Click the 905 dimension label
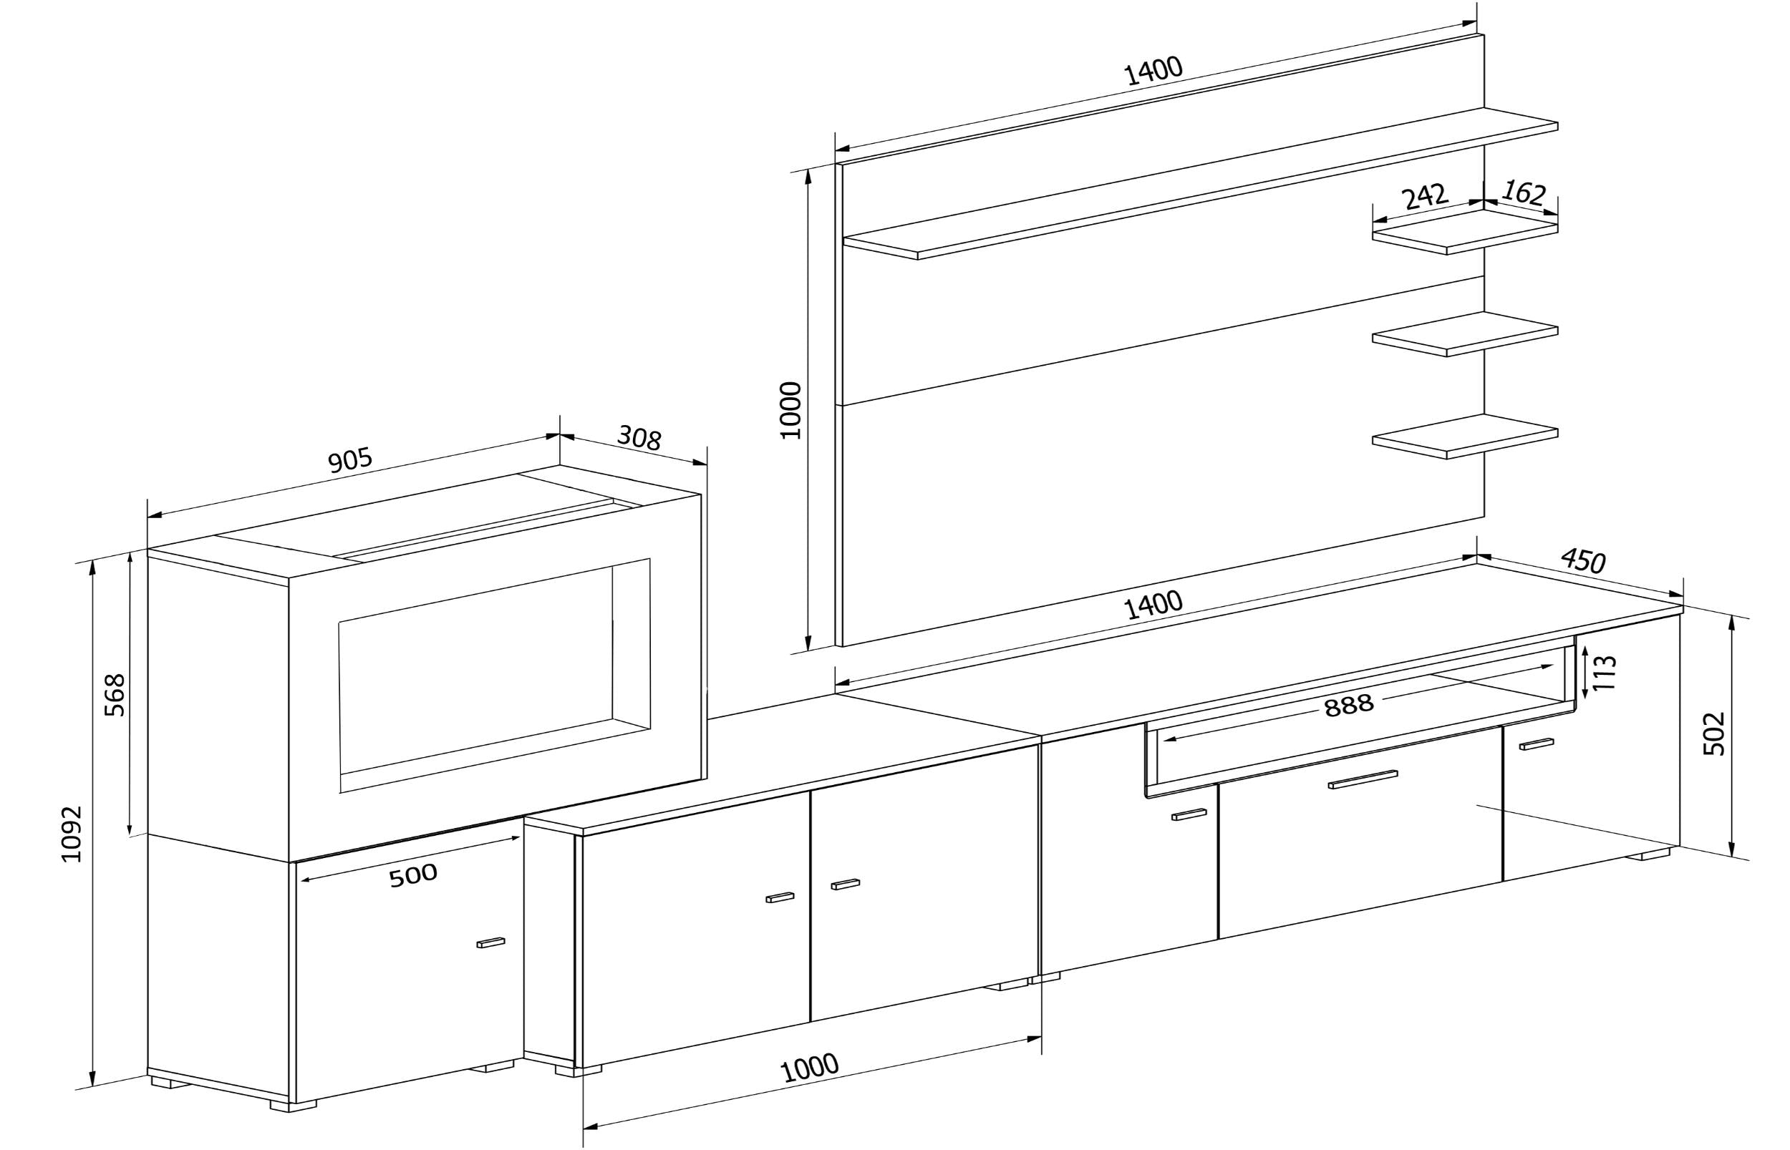[349, 461]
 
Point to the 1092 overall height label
[72, 834]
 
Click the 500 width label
[412, 875]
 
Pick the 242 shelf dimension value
[1425, 196]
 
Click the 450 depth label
[1583, 560]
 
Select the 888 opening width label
[1348, 706]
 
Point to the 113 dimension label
[1604, 673]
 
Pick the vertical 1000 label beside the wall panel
[790, 410]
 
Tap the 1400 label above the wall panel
[1153, 71]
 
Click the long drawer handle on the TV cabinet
[1363, 779]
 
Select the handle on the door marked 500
[491, 942]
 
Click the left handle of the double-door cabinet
[780, 897]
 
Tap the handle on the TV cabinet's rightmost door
[1537, 744]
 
